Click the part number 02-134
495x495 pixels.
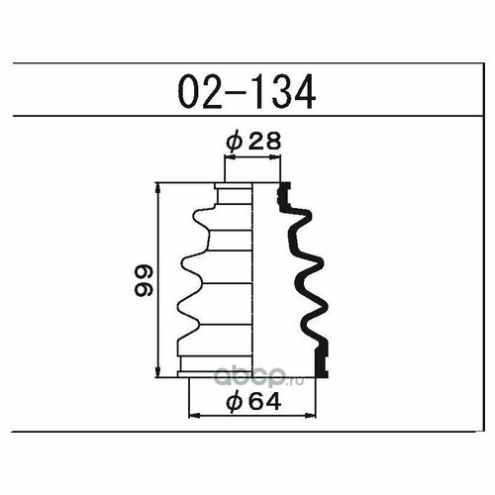247,91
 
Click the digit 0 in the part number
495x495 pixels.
188,91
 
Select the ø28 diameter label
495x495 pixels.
253,142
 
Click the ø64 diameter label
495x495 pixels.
253,402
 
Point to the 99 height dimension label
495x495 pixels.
144,280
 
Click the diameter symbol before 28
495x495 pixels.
235,142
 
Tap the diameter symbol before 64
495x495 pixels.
235,402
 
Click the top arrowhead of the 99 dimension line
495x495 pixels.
158,189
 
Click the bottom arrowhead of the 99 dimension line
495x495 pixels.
158,370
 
